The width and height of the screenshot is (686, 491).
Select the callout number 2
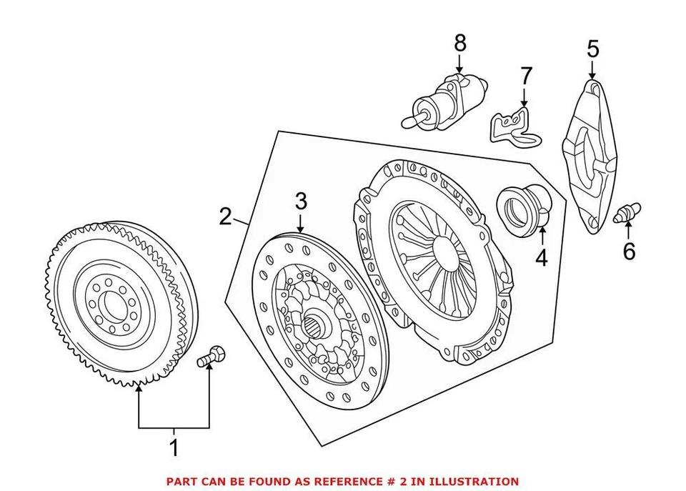(225, 216)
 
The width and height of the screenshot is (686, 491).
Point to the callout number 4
(541, 257)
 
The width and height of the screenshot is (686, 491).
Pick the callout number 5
(592, 49)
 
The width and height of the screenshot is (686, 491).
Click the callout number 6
(628, 252)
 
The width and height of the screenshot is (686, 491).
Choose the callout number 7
(526, 75)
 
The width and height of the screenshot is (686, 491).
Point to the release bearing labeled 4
(522, 207)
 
